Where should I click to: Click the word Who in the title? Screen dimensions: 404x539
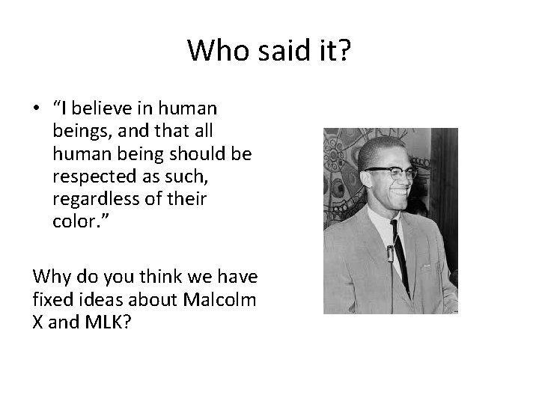tap(213, 51)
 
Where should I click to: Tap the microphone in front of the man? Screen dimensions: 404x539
tap(390, 258)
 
